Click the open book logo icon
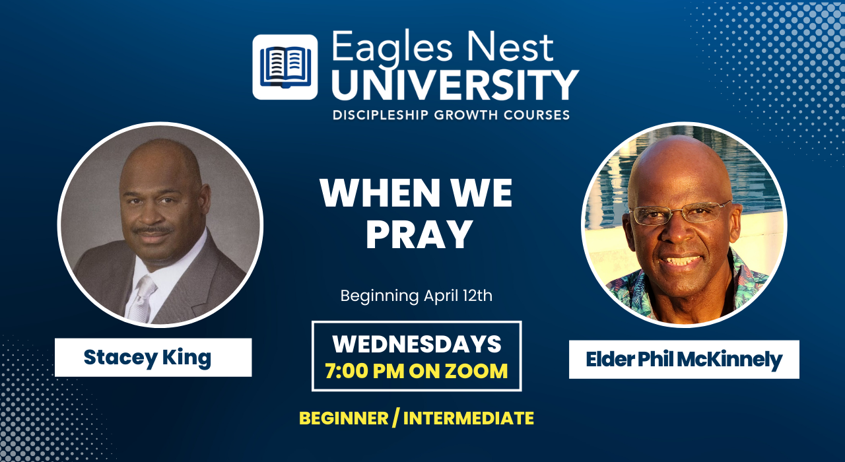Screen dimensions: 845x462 click(x=285, y=67)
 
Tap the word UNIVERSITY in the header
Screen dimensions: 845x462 click(x=456, y=85)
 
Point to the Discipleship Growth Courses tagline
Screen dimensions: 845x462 click(x=451, y=115)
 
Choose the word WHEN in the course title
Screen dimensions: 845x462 click(x=380, y=193)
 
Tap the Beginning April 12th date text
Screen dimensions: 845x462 click(x=417, y=296)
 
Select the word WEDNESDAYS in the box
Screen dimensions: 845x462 click(x=417, y=344)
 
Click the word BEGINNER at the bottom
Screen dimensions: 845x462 click(x=344, y=418)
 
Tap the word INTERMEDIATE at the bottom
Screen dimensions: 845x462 click(x=469, y=418)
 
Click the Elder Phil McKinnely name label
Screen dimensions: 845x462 click(x=684, y=360)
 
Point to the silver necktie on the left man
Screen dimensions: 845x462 click(x=143, y=298)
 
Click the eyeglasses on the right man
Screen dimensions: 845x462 click(x=680, y=213)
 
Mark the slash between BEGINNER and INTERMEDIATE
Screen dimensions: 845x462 click(x=395, y=418)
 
